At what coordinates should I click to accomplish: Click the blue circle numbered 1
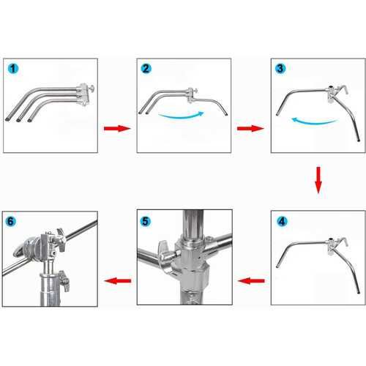click(x=13, y=69)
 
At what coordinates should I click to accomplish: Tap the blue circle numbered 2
click(x=146, y=69)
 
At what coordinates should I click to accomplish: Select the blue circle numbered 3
click(x=280, y=69)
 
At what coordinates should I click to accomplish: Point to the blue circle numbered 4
click(x=282, y=222)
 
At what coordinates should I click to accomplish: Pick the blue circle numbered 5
click(x=146, y=222)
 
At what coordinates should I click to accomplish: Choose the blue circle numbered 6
click(x=11, y=222)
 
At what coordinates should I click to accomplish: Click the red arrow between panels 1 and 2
click(x=117, y=128)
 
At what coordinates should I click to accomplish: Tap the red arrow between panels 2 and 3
click(x=250, y=128)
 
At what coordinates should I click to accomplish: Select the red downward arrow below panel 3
click(x=318, y=180)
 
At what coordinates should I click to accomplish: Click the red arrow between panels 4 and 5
click(x=251, y=281)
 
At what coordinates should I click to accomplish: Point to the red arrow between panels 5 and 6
click(x=118, y=281)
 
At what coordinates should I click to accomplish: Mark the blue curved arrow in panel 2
click(x=181, y=116)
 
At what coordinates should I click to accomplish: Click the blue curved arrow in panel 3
click(x=315, y=121)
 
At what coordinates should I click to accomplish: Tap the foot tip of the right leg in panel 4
click(x=359, y=292)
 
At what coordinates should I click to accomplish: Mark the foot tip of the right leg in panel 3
click(x=359, y=141)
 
